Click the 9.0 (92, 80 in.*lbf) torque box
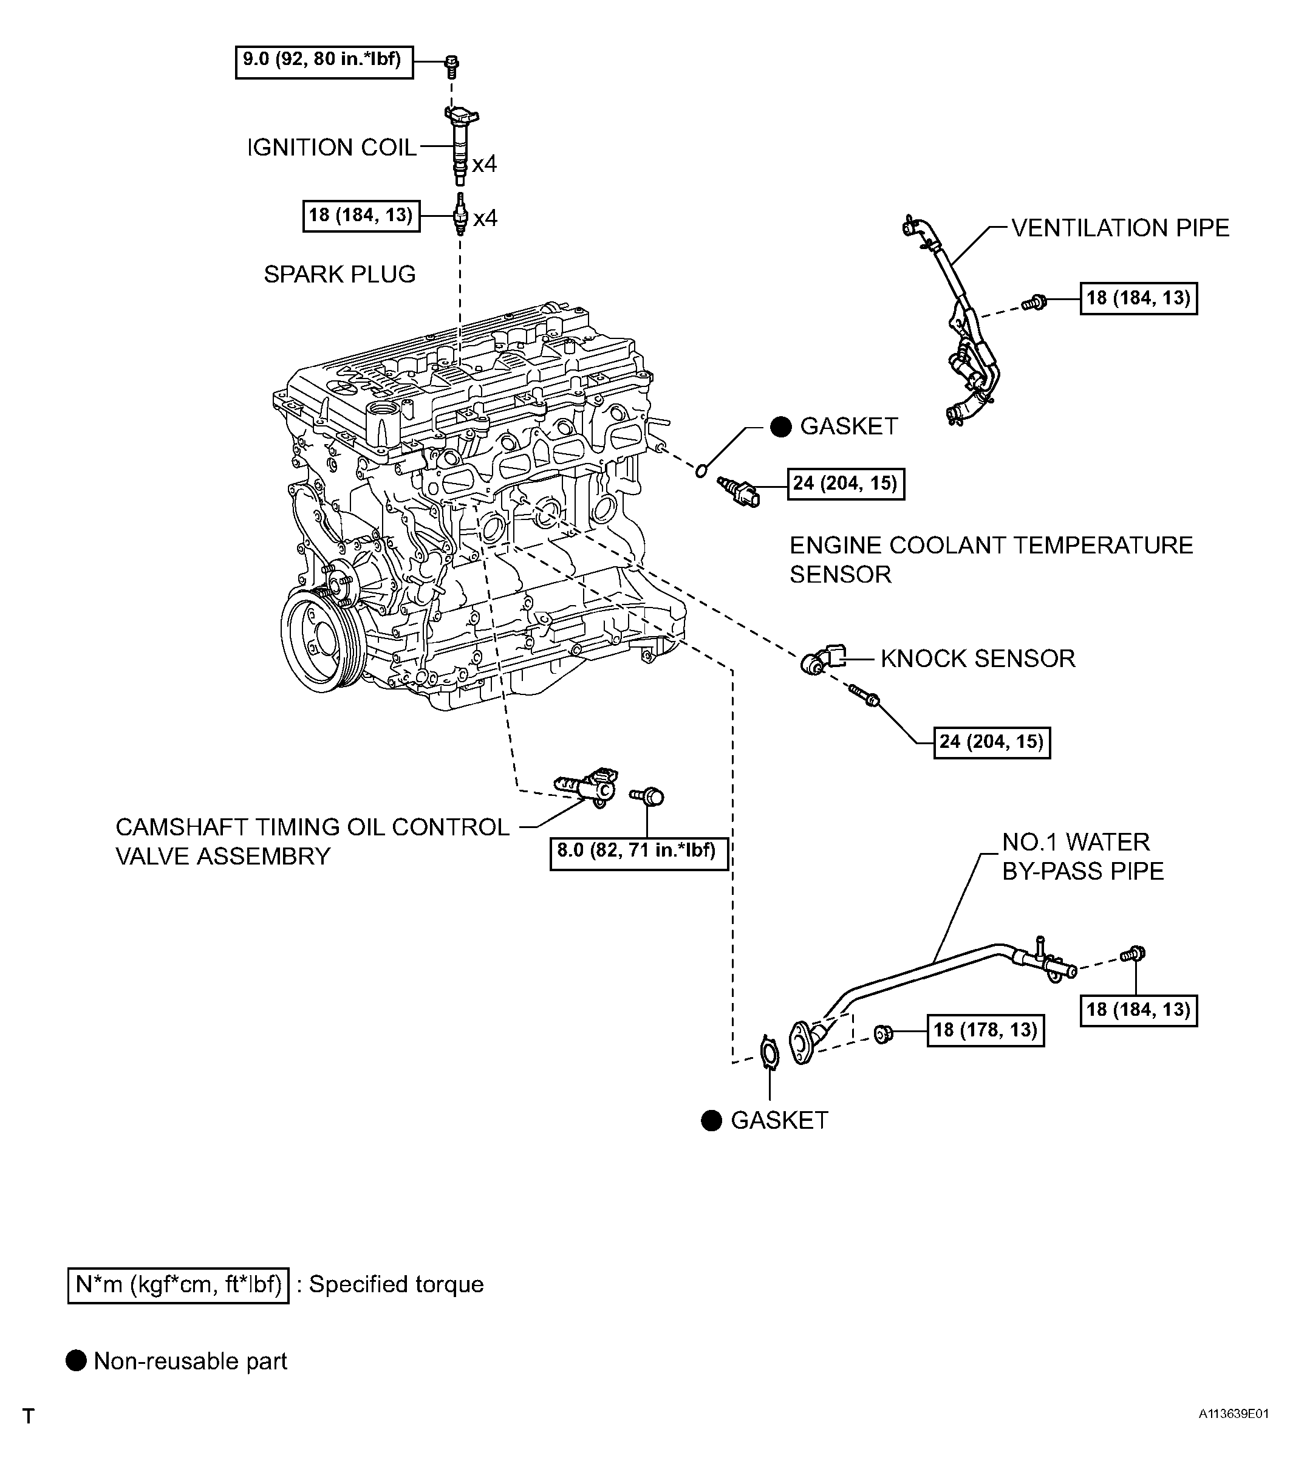324,62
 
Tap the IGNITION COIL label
332,148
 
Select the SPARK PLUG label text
340,274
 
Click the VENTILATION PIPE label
1121,228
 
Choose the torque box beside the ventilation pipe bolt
1138,298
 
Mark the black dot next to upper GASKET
780,426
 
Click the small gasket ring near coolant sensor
702,471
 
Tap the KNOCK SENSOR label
977,659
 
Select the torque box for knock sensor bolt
992,742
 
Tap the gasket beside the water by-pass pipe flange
769,1053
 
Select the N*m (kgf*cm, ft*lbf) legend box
178,1285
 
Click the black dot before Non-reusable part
75,1360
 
